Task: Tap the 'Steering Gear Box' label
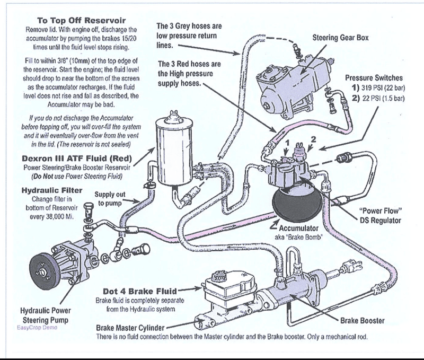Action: coord(341,38)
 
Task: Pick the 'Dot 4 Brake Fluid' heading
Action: coord(140,291)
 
